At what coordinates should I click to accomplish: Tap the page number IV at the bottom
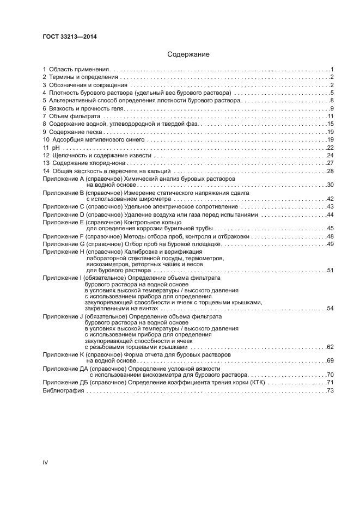tap(45, 462)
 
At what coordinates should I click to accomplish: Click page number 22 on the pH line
tap(330, 148)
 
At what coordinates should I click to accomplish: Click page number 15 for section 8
tap(330, 124)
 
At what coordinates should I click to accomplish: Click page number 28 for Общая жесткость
tap(330, 171)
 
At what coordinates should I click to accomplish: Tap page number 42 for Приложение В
tap(330, 199)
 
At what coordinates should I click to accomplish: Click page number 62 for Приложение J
tap(330, 346)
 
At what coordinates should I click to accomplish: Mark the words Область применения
tap(80, 70)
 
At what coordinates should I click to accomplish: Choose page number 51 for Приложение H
tap(330, 270)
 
